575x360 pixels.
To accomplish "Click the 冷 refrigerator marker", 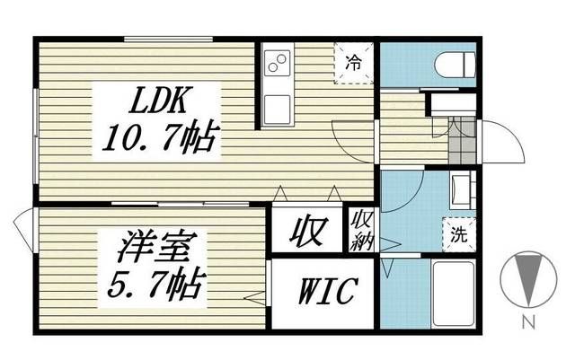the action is (x=355, y=65).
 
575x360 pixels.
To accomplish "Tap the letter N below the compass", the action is (x=530, y=320).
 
